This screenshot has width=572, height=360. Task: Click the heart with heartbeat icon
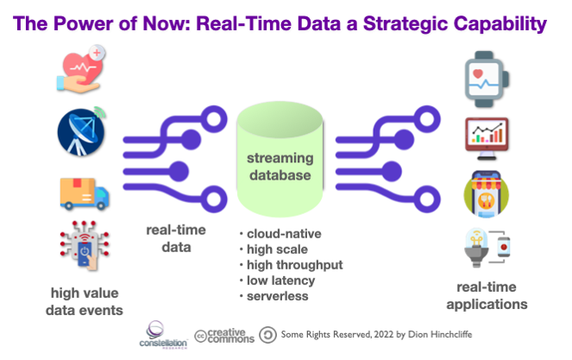click(x=81, y=69)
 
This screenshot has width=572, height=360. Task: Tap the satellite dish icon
click(x=82, y=131)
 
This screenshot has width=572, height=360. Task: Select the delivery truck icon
click(x=85, y=193)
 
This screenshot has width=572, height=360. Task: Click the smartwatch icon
click(x=487, y=79)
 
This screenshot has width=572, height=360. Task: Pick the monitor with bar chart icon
click(x=487, y=139)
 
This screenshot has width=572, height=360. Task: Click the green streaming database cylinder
click(x=280, y=159)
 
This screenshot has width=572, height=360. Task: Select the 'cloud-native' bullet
click(x=280, y=234)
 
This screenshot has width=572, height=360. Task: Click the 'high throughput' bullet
click(x=291, y=265)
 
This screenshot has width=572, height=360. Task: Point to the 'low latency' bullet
click(x=277, y=281)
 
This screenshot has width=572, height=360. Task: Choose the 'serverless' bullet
click(x=274, y=296)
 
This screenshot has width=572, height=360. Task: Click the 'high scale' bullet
click(x=273, y=249)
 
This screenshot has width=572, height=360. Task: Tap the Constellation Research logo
click(x=163, y=335)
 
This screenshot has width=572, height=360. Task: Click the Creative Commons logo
click(x=224, y=336)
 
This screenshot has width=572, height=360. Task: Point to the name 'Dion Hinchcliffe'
click(x=440, y=334)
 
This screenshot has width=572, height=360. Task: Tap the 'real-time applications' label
click(x=487, y=295)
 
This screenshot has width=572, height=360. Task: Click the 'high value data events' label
click(x=85, y=301)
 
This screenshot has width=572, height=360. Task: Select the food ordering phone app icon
click(x=487, y=194)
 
